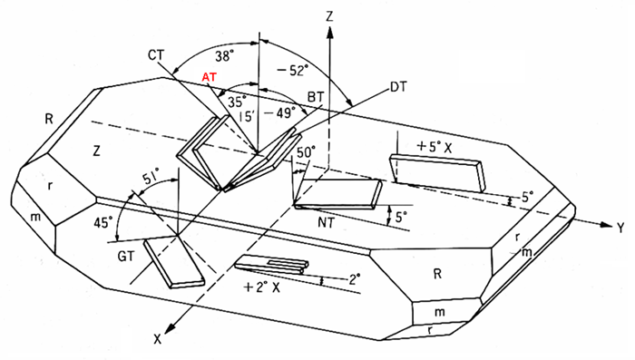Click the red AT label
(210, 76)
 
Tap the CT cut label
(156, 54)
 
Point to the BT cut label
(316, 97)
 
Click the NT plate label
(327, 222)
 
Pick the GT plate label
(126, 257)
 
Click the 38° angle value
(224, 56)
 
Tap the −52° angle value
(292, 71)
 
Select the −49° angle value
(280, 113)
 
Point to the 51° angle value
(151, 179)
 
